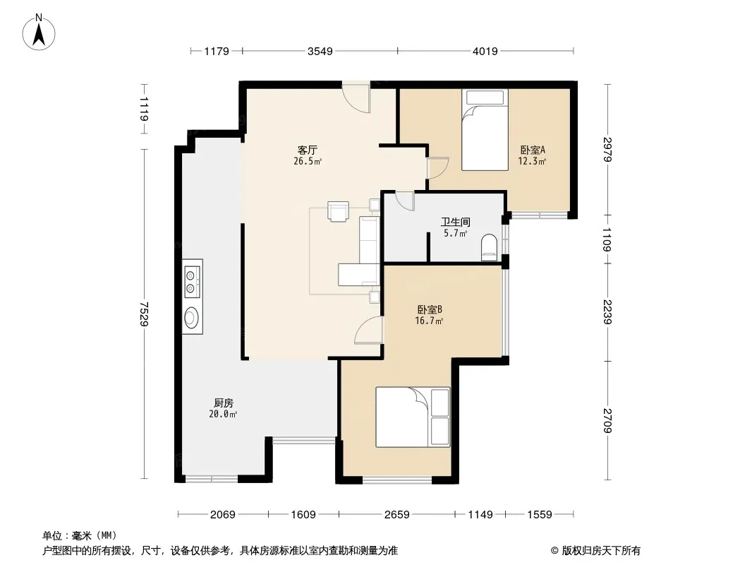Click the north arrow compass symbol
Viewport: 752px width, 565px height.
click(39, 32)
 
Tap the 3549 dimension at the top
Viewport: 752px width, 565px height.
click(320, 51)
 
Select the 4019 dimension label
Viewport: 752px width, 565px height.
click(485, 51)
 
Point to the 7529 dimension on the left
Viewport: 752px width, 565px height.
click(144, 314)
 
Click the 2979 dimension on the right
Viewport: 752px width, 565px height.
click(607, 149)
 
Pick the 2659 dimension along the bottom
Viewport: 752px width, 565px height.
click(396, 515)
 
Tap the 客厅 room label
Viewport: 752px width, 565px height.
click(307, 150)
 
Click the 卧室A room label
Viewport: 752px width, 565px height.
click(533, 150)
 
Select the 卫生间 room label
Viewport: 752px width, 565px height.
click(455, 222)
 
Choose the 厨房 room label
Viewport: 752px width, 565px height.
click(224, 403)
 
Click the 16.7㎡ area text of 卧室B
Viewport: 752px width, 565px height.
click(429, 321)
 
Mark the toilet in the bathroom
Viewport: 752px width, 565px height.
click(489, 247)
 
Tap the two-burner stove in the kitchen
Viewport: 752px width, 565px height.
click(193, 282)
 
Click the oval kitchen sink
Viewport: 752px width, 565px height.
click(192, 317)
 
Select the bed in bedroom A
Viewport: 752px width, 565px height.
click(485, 130)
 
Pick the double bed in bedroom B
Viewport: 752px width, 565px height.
click(413, 417)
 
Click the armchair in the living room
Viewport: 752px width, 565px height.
click(339, 211)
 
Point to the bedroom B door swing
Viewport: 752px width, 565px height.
click(369, 331)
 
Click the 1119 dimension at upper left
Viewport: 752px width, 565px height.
click(144, 109)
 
